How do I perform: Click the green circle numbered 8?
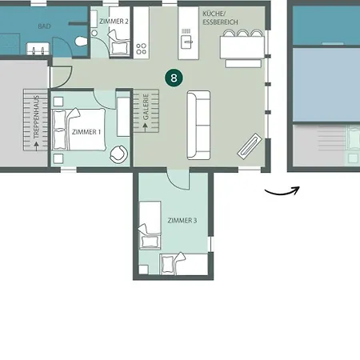pos(174,78)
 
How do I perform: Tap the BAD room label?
pos(44,26)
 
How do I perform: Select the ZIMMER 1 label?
pos(86,132)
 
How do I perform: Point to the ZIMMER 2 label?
pos(114,21)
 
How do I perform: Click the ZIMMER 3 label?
pos(182,220)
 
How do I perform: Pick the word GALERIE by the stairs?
pos(146,106)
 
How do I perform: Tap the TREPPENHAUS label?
pos(36,117)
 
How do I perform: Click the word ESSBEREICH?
pos(220,22)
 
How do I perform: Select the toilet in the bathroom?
pos(81,41)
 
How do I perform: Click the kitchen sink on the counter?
pos(187,42)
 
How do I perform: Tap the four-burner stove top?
pos(141,49)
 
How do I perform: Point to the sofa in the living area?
pos(198,125)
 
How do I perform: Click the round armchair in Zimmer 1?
pos(118,154)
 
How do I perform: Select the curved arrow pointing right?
pos(282,193)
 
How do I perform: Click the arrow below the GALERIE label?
pos(146,127)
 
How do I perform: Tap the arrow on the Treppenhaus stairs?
pos(36,146)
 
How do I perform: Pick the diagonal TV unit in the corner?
pos(250,146)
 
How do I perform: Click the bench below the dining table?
pos(243,63)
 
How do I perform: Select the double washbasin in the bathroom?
pos(38,49)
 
